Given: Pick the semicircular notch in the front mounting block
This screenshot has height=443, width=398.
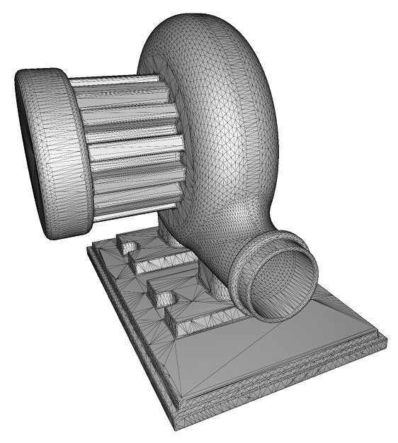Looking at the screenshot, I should [x=164, y=298].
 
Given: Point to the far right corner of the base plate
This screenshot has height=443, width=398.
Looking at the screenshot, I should [x=386, y=341].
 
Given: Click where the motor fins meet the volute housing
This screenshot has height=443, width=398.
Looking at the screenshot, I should [x=174, y=142].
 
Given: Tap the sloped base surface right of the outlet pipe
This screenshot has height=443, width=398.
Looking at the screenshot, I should [x=340, y=312].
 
